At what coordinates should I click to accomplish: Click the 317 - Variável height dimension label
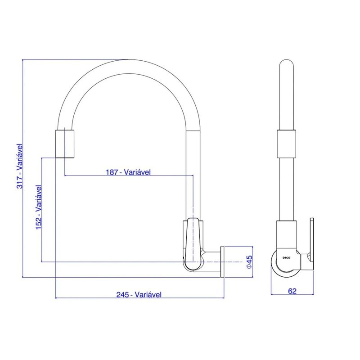click(x=20, y=166)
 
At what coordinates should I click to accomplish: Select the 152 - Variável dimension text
click(x=39, y=207)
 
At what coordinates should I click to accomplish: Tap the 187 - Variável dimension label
click(x=128, y=172)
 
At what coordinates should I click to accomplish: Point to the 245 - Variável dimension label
click(x=139, y=295)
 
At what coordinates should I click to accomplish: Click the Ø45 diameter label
click(x=249, y=262)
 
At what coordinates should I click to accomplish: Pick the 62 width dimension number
click(x=292, y=291)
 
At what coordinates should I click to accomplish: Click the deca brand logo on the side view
click(x=286, y=257)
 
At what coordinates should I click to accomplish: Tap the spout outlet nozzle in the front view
click(x=65, y=144)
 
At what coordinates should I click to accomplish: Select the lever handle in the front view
click(x=193, y=244)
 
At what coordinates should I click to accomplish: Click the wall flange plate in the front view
click(x=222, y=262)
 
